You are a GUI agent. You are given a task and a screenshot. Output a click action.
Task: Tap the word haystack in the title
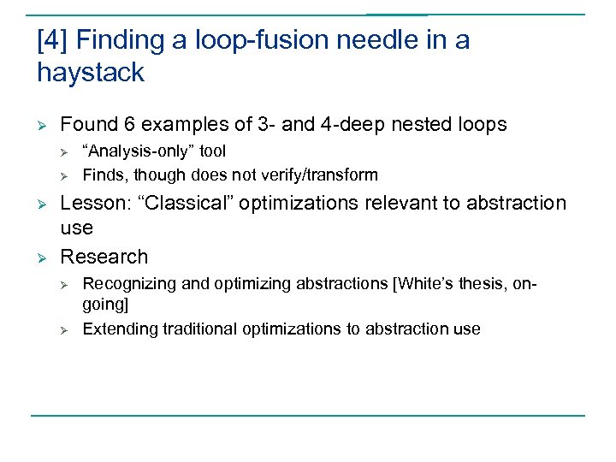click(x=91, y=73)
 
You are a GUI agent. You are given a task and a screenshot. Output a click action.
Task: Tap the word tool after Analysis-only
click(x=212, y=151)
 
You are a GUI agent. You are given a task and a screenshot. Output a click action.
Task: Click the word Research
click(x=104, y=257)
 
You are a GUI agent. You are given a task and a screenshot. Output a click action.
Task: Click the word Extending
click(x=115, y=329)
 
